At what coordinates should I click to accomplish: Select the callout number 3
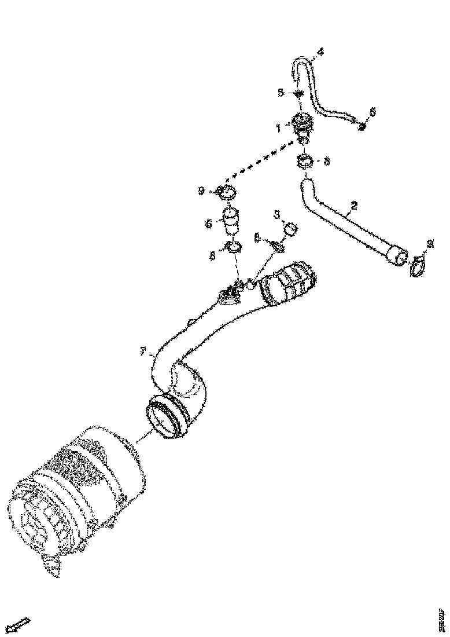[277, 215]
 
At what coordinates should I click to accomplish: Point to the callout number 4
[320, 52]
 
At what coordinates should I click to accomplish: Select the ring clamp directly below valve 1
[306, 162]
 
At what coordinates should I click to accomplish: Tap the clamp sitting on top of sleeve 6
[228, 193]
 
